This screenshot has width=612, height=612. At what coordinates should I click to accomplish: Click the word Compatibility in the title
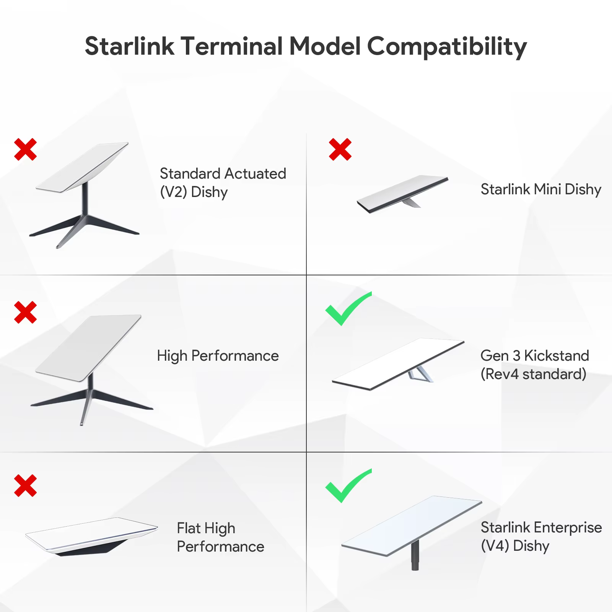tap(447, 47)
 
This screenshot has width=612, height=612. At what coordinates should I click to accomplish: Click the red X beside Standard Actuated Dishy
tap(26, 149)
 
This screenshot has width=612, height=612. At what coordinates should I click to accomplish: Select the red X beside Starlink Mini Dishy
tap(340, 149)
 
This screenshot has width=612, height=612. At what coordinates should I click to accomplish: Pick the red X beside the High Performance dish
tap(26, 312)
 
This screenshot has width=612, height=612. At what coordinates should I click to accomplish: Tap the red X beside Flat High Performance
tap(26, 486)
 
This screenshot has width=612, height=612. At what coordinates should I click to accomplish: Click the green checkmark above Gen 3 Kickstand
tap(348, 309)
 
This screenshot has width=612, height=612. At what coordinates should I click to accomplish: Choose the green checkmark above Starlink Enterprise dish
tap(348, 486)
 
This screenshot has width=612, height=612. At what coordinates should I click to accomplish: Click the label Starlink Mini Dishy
tap(541, 189)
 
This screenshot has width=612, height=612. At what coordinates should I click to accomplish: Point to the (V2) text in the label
tap(173, 192)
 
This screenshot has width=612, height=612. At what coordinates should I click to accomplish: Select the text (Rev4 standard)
tap(533, 374)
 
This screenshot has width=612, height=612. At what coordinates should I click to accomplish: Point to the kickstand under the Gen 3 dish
tap(420, 374)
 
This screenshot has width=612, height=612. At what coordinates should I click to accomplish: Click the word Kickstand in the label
tap(557, 356)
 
